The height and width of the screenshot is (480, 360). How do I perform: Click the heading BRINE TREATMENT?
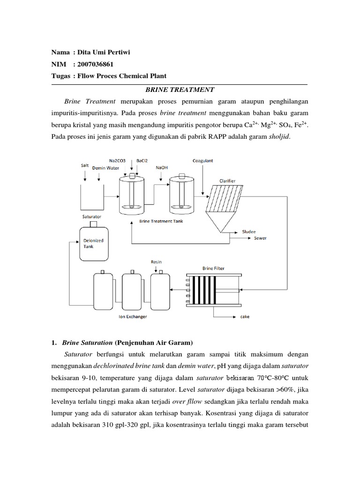point(180,89)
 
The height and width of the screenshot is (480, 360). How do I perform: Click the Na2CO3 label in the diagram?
point(118,161)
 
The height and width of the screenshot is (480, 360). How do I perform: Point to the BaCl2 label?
point(142,161)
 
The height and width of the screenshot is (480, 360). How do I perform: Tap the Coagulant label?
point(202,161)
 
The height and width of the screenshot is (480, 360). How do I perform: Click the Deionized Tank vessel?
point(94,242)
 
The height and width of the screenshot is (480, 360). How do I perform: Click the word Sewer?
point(260,238)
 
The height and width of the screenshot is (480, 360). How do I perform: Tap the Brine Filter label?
point(213,268)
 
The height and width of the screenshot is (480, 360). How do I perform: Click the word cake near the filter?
point(245,317)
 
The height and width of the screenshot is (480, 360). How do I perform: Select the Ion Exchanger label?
point(131,317)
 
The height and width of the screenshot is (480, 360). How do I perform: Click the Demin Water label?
point(105,167)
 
